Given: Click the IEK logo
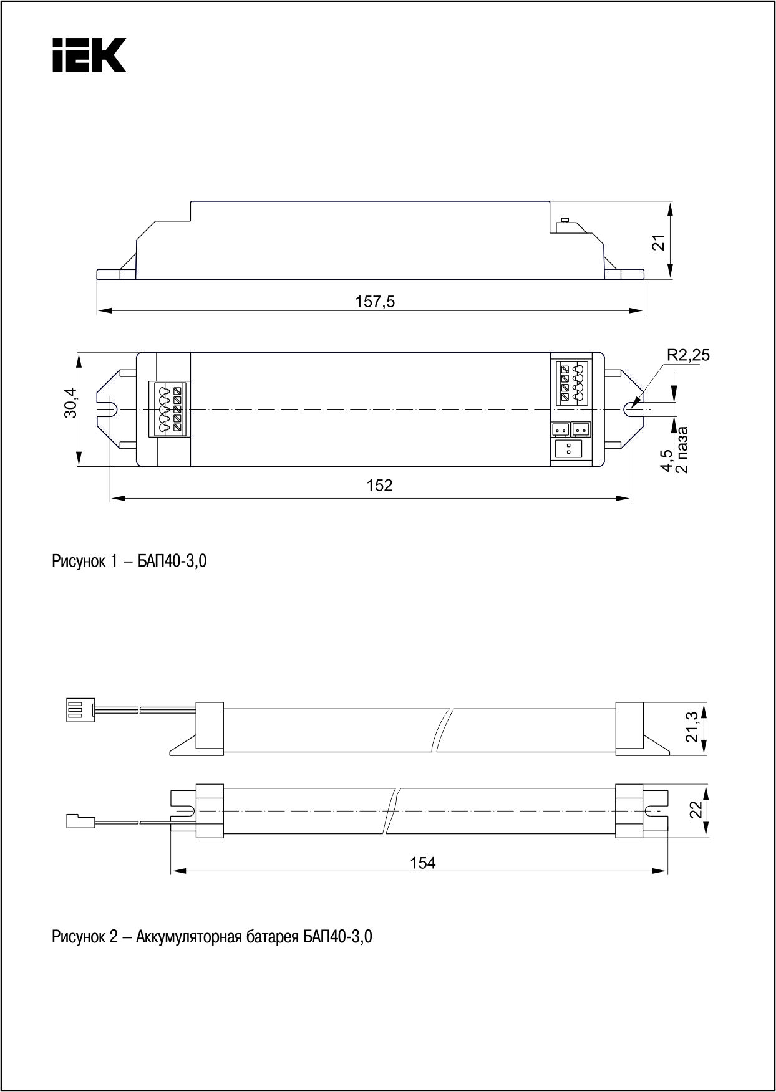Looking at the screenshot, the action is pos(89,55).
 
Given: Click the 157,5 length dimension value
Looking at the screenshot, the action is pos(376,302).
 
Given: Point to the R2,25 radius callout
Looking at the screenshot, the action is pos(688,355).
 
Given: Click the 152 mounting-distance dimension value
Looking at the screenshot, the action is pos(380,485).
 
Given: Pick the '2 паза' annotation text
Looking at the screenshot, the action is pos(682,449).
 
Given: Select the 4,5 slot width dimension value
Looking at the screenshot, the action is pos(667,461).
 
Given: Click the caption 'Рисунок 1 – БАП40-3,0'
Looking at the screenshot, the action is pos(129,562).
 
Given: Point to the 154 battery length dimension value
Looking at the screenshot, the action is pos(423,863).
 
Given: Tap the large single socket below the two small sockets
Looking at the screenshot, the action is pos(568,450).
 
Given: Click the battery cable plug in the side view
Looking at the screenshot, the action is pos(79,709).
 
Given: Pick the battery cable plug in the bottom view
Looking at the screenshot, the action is pos(80,821).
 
